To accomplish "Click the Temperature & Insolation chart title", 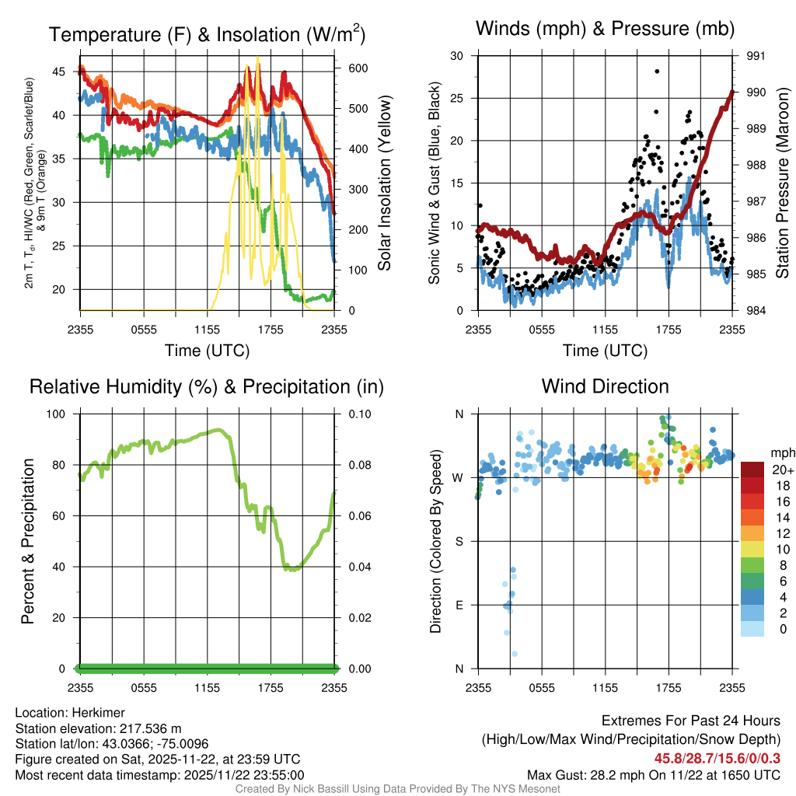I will click(207, 35).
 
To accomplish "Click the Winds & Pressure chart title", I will click(605, 30).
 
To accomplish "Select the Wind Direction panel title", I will click(605, 386).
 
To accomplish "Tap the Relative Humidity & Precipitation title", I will click(207, 386).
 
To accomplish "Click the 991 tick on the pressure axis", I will click(756, 56).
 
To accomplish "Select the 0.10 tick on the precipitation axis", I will click(360, 414).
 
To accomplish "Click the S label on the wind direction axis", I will click(459, 541).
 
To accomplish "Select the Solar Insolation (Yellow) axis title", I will click(384, 183).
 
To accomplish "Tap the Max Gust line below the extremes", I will click(653, 774).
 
